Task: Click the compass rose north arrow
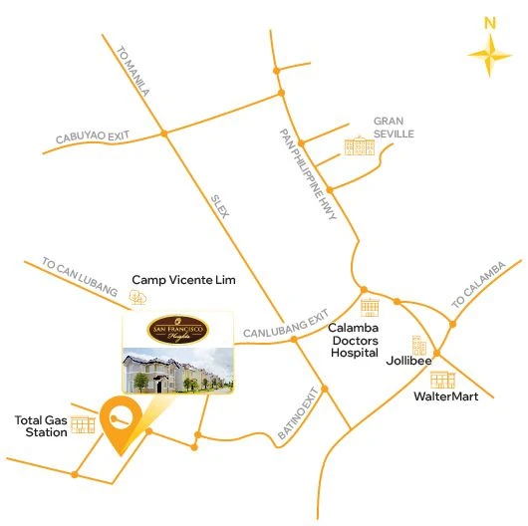489,57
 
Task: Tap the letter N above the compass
489,22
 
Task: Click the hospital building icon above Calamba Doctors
371,307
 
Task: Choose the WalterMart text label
445,396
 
